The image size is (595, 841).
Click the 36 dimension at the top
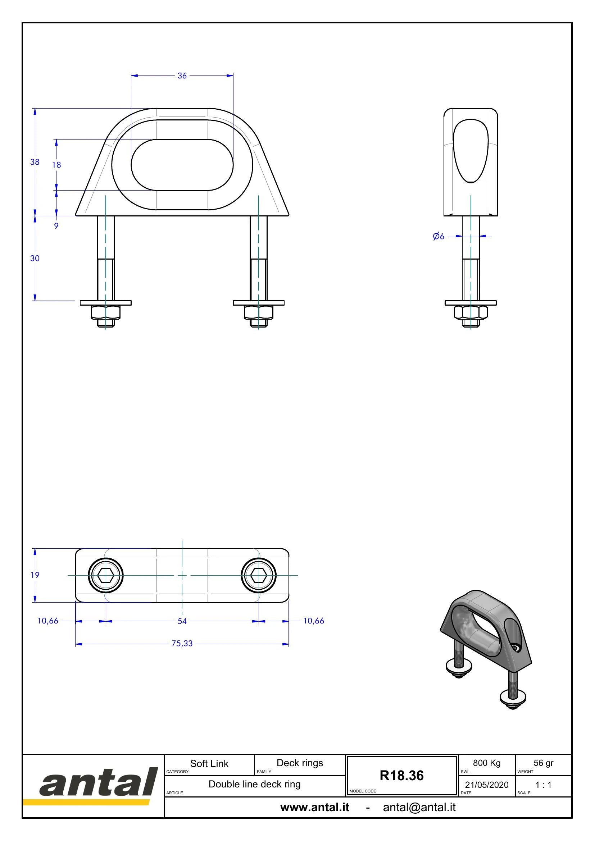[182, 76]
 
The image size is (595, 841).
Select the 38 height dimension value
[35, 162]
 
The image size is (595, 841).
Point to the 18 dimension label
[56, 165]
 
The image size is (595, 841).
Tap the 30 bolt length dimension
[35, 258]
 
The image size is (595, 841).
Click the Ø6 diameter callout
[439, 236]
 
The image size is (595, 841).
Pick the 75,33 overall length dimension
[182, 644]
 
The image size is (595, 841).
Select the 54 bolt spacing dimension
[182, 621]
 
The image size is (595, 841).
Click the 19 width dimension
[35, 575]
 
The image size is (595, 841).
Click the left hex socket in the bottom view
[106, 575]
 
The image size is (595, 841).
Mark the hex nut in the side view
[471, 312]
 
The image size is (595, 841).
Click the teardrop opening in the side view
[471, 151]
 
